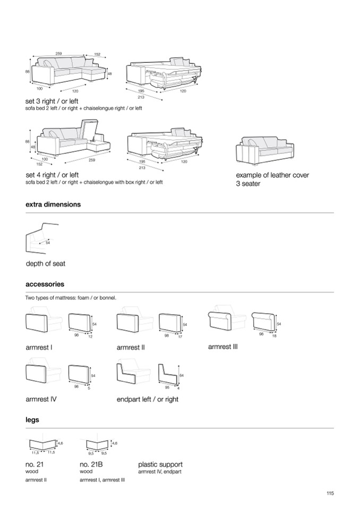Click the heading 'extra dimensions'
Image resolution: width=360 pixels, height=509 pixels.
pos(53,204)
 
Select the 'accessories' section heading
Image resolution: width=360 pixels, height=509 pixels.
pos(45,284)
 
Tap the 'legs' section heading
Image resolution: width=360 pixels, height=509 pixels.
pos(32,420)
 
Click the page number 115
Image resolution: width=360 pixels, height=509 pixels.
pos(330,493)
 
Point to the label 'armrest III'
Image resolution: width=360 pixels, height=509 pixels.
pos(223,347)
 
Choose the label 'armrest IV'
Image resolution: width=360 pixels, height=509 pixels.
pos(41,399)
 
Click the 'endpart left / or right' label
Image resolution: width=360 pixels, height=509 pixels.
pos(147,399)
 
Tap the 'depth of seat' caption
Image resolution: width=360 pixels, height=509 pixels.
pos(46,264)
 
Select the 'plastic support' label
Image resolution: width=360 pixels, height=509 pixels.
pos(160,464)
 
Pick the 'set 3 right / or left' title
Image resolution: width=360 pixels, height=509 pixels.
pos(52,101)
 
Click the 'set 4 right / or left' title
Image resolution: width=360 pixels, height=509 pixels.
pos(52,175)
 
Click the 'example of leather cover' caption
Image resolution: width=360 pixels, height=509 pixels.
pos(272,175)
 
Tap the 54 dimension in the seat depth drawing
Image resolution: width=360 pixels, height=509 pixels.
pos(48,243)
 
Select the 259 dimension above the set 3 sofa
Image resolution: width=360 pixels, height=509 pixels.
pos(58,54)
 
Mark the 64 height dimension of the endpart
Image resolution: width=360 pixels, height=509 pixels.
pos(181,375)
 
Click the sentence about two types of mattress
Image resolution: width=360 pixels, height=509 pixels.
pos(71,298)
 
